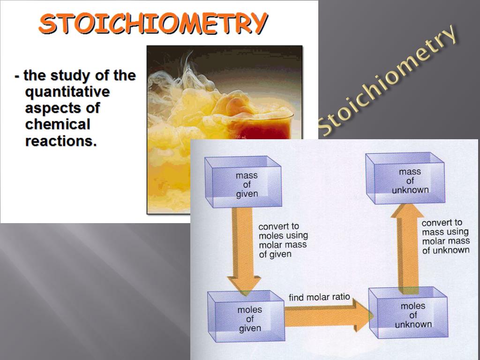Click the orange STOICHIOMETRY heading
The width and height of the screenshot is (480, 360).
pos(153,23)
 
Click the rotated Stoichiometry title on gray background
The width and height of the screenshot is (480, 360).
pos(387,80)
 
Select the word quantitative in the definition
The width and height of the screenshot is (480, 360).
pos(67,91)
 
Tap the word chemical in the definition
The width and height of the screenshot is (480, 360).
pos(57,124)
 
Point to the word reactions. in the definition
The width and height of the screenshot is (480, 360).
pos(61,141)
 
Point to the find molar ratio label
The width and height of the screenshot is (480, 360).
pos(319,297)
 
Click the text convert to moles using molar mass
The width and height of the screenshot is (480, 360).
pos(283,240)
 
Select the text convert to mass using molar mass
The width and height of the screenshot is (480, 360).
pos(445,236)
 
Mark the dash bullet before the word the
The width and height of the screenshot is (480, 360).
pos(17,76)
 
